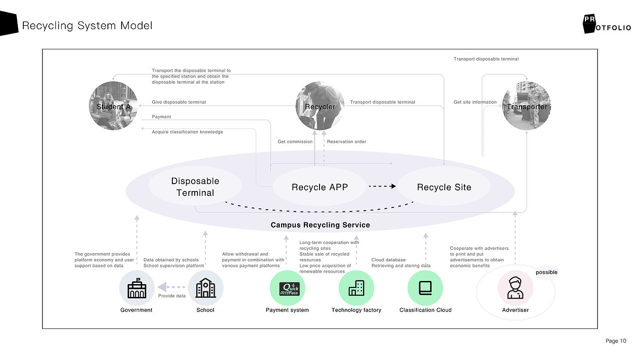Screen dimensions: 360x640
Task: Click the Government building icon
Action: [136, 288]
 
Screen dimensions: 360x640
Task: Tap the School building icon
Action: [205, 288]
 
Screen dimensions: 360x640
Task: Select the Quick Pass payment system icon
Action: [288, 288]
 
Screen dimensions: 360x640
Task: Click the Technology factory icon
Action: [357, 288]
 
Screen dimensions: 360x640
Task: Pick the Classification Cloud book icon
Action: [425, 288]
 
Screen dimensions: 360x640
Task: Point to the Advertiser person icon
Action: [515, 288]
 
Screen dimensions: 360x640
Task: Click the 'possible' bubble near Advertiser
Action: [546, 273]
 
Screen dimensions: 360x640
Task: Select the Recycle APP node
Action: [320, 187]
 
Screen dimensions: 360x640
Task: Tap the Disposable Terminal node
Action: [195, 187]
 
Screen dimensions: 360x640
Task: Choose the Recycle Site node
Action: [444, 187]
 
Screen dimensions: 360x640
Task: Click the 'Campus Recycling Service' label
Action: [320, 225]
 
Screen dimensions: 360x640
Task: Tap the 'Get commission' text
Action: [295, 142]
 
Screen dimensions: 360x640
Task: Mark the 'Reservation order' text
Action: [347, 142]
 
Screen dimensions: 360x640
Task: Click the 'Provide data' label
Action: [172, 296]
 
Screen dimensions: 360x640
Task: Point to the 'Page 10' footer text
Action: [616, 341]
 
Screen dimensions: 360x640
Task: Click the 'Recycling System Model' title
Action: [87, 26]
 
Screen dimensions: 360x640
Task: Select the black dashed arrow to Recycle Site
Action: [382, 186]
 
